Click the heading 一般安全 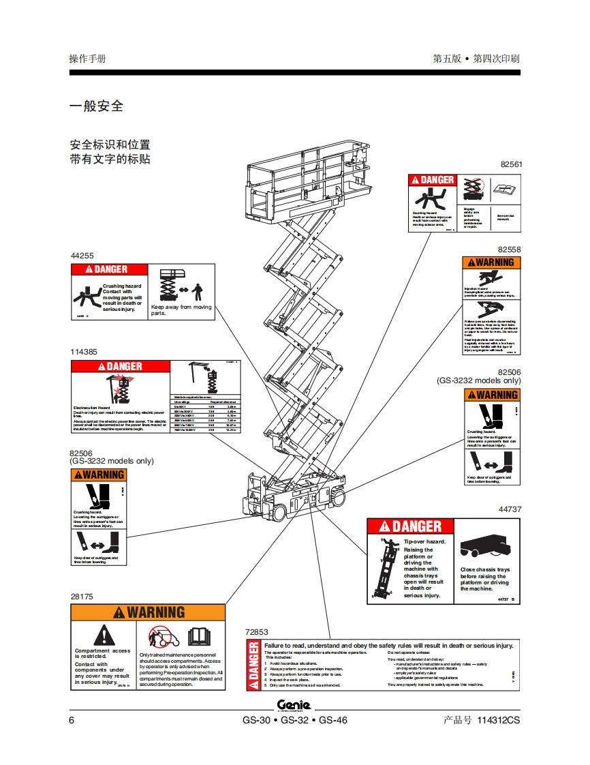pyautogui.click(x=97, y=106)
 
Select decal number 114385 pyautogui.click(x=84, y=352)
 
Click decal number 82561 pyautogui.click(x=510, y=165)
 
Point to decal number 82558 pyautogui.click(x=509, y=250)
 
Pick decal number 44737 pyautogui.click(x=510, y=509)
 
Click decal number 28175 pyautogui.click(x=82, y=596)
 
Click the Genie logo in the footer pyautogui.click(x=294, y=705)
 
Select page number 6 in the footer pyautogui.click(x=72, y=720)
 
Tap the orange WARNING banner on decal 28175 pyautogui.click(x=148, y=612)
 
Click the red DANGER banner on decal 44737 pyautogui.click(x=411, y=526)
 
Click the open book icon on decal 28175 pyautogui.click(x=199, y=636)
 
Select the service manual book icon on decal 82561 pyautogui.click(x=506, y=189)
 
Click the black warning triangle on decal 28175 pyautogui.click(x=102, y=635)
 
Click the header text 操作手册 pyautogui.click(x=87, y=59)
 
